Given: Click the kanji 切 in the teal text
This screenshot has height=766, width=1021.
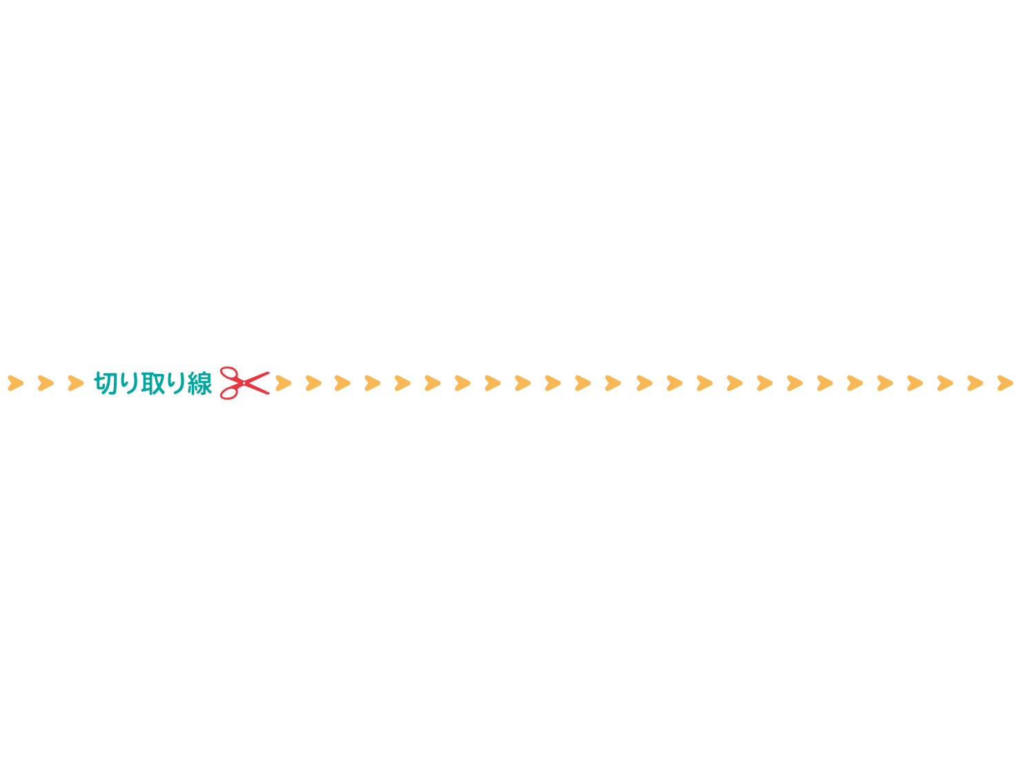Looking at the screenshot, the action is tap(105, 383).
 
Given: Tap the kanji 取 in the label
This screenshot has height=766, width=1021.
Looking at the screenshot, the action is tap(153, 383).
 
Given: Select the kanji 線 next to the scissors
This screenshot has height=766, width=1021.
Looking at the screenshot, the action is tap(200, 383).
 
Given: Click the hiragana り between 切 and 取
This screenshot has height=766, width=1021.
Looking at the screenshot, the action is tap(129, 383).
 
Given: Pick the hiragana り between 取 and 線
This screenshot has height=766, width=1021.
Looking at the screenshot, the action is tap(177, 383).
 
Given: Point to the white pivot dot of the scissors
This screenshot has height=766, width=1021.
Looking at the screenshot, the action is tap(244, 383).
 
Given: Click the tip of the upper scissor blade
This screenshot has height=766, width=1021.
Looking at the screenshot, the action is tap(268, 373).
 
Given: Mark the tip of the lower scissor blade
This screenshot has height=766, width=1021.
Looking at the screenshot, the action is tap(268, 393).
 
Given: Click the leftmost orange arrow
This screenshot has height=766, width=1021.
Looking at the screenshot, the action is tap(15, 383).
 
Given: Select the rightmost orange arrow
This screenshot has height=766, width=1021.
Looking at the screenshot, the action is tap(1005, 383).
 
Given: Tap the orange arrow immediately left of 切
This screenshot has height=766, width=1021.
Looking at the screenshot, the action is tap(76, 383).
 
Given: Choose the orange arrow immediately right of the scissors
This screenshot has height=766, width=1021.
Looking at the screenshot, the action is tap(284, 383).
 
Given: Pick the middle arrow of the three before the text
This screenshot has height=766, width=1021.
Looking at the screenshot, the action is tap(46, 383).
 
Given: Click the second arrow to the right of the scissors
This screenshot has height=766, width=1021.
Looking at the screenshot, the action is tap(313, 383).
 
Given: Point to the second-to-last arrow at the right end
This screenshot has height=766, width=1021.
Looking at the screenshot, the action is tap(975, 383).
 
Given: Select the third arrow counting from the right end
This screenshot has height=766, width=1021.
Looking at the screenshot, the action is tap(945, 383).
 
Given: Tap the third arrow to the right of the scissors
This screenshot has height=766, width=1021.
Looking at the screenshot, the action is tap(342, 383).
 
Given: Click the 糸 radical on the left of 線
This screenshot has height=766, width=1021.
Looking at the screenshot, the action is tap(192, 383).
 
